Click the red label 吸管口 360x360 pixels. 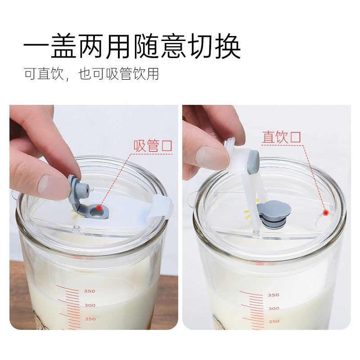click(153, 145)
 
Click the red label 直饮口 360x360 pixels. click(282, 137)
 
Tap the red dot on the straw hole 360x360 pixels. click(99, 207)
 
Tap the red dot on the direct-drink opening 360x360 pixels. click(326, 213)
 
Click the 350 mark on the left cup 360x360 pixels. click(89, 291)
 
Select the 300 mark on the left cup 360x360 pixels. click(90, 305)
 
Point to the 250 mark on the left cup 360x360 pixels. click(90, 319)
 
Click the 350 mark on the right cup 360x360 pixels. click(274, 295)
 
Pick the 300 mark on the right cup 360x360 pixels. click(274, 308)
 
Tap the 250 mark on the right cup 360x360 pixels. click(274, 321)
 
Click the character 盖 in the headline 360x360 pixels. click(63, 46)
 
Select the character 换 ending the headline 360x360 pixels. click(228, 46)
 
